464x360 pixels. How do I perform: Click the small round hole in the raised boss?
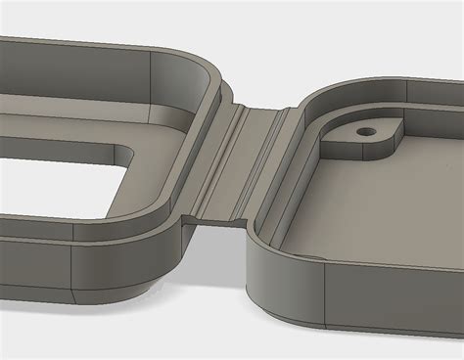click(x=367, y=128)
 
